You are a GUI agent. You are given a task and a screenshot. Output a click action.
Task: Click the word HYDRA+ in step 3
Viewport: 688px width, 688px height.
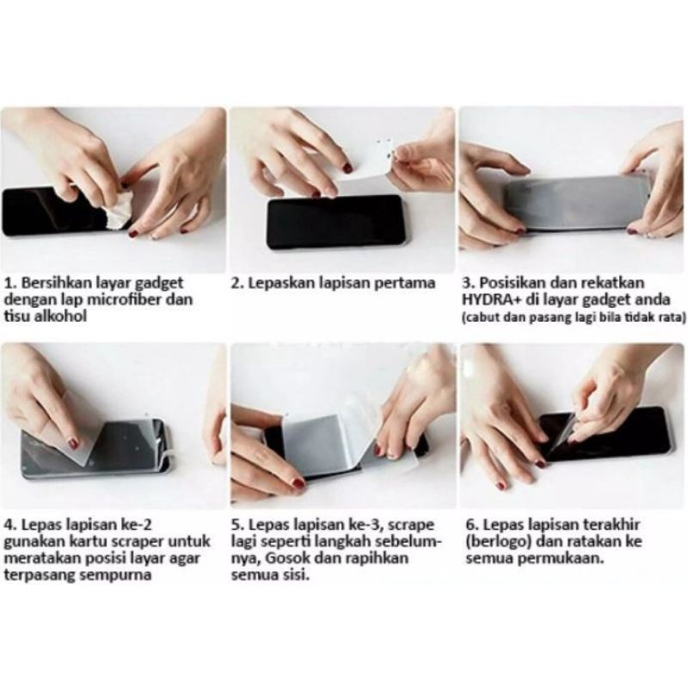tap(488, 300)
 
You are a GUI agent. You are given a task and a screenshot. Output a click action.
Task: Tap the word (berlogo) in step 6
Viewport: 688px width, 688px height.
tap(496, 540)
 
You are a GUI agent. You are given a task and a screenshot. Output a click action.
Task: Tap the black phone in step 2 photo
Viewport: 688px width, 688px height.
tap(335, 222)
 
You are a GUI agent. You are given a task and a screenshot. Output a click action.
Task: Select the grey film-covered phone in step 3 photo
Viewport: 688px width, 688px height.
tap(576, 202)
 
